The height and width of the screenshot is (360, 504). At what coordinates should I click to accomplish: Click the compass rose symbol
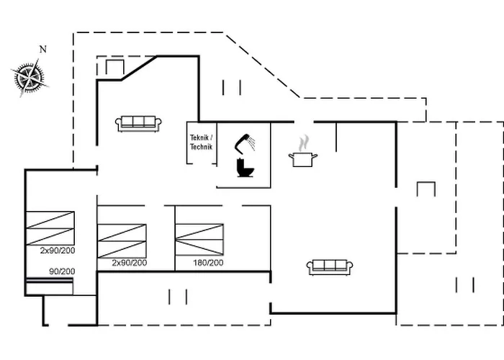tap(28, 76)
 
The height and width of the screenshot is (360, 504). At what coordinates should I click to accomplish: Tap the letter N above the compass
tap(42, 49)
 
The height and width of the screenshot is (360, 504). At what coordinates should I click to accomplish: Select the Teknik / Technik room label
tap(201, 142)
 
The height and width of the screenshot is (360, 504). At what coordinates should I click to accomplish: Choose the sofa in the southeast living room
tap(330, 267)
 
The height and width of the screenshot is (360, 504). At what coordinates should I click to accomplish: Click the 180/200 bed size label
tap(208, 264)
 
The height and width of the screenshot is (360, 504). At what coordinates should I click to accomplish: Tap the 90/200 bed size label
tap(61, 271)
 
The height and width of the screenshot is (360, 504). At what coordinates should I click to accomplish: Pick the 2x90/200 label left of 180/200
tap(130, 264)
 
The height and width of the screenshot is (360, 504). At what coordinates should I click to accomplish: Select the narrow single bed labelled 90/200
tap(50, 286)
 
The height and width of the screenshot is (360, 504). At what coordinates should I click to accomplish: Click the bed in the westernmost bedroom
tap(50, 228)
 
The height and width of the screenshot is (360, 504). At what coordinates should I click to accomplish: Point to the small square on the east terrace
tap(426, 189)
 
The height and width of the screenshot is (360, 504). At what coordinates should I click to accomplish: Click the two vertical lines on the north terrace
tap(232, 87)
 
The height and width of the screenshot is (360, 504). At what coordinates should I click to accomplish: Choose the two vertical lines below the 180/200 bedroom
tap(178, 297)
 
